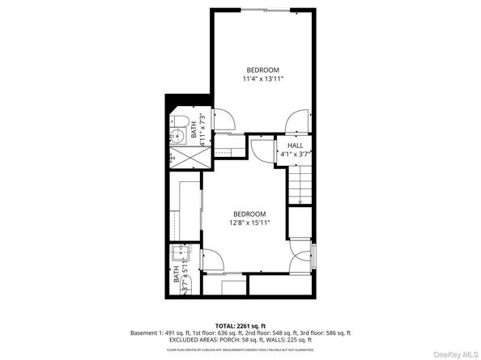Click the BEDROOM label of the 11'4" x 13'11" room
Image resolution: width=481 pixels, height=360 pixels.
263,69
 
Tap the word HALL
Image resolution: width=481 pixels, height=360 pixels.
296,145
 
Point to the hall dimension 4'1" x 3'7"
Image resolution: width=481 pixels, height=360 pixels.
296,153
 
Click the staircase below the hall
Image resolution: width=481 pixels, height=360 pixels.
300,186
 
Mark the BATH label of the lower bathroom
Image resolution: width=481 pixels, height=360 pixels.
177,275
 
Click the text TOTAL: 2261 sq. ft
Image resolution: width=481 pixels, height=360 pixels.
240,325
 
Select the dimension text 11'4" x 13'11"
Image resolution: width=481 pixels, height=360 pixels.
263,78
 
